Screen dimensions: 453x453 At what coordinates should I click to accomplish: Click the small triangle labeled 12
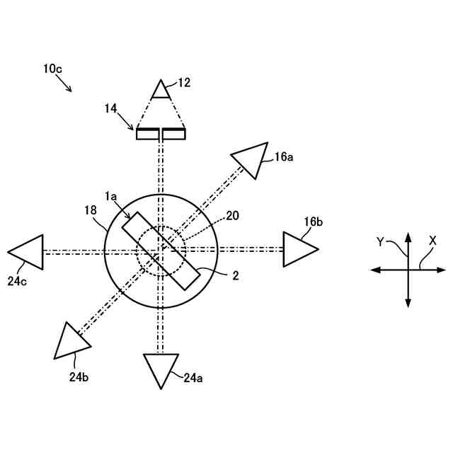161,89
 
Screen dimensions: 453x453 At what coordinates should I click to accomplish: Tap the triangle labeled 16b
297,249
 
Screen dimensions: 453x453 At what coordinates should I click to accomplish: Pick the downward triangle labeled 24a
161,367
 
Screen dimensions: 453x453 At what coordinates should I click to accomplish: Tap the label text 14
110,108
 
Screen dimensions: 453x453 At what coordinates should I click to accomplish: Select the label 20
232,215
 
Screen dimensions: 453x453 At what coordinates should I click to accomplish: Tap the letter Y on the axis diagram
381,241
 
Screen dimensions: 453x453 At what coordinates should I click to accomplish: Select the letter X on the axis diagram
432,241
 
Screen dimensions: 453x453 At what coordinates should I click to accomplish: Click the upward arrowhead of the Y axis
408,236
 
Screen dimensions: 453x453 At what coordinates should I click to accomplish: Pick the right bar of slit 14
173,134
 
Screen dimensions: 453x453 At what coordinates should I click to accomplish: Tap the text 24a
193,378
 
